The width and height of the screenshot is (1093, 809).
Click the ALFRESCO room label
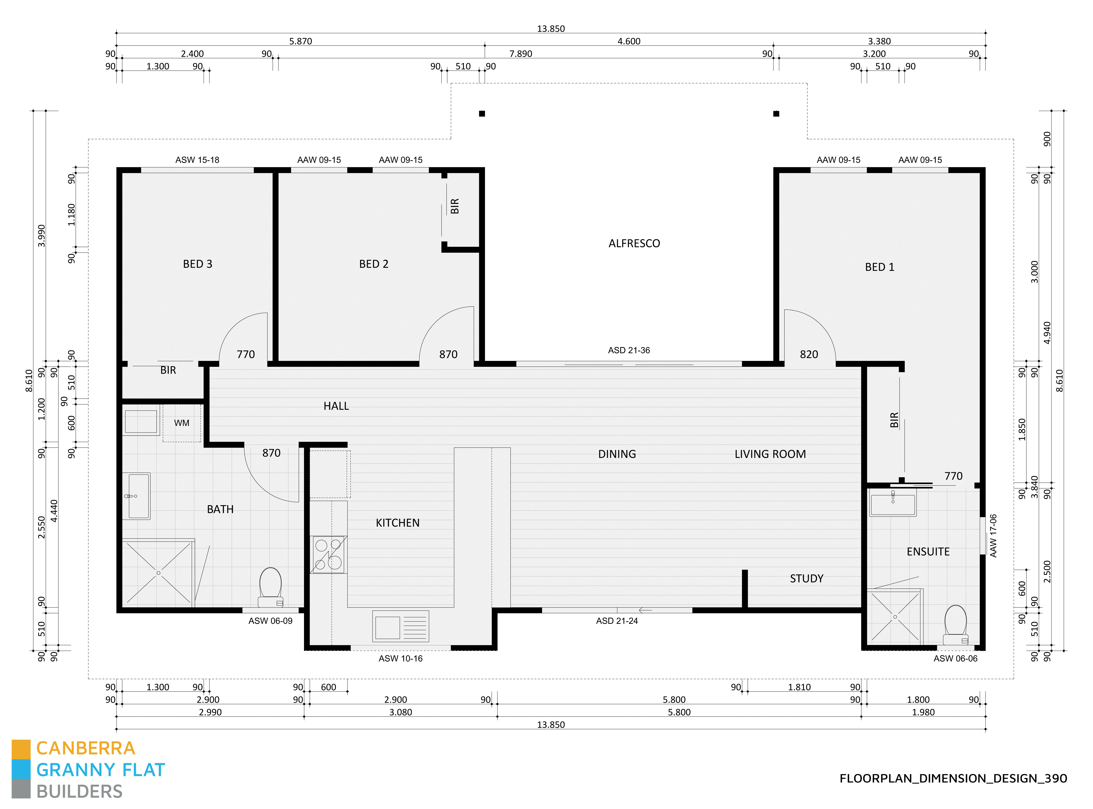[634, 243]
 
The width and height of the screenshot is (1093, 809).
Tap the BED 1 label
[879, 267]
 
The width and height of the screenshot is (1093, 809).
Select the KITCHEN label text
[397, 523]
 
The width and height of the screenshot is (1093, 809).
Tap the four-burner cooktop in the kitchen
[328, 554]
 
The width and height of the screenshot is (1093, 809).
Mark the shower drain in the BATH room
[158, 573]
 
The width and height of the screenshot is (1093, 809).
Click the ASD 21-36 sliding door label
[628, 350]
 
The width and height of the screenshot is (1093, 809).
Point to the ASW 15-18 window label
[197, 160]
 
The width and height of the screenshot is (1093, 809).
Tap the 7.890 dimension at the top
[520, 54]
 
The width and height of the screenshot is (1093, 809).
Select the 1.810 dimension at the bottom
[799, 687]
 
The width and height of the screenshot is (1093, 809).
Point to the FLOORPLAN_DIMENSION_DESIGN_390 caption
[953, 778]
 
